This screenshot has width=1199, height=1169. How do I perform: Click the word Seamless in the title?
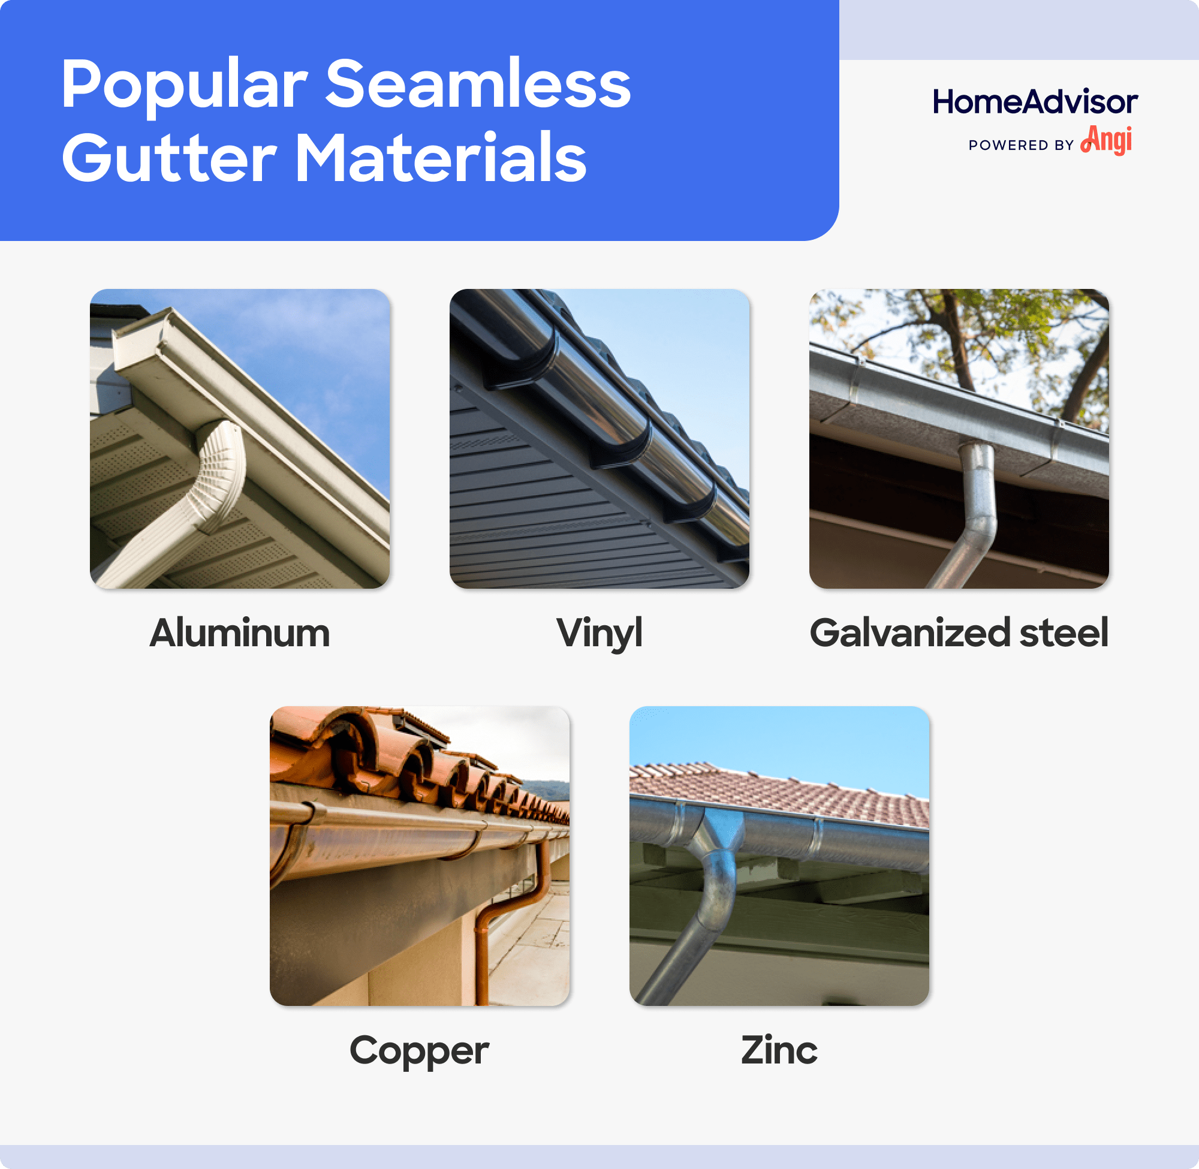[x=477, y=84]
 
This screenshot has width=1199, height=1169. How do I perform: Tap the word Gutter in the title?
[x=169, y=158]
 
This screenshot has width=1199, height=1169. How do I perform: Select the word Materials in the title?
[x=440, y=158]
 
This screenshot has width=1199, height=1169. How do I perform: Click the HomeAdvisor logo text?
[x=1035, y=102]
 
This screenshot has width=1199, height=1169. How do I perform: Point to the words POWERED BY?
[x=1020, y=146]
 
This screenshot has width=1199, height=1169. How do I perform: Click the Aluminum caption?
[x=239, y=633]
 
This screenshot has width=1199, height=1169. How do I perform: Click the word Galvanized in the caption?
[x=909, y=633]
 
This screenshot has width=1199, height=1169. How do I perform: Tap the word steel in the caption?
[x=1064, y=633]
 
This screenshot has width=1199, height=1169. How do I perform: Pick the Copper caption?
[x=419, y=1050]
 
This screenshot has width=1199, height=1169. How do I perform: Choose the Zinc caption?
[x=779, y=1050]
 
